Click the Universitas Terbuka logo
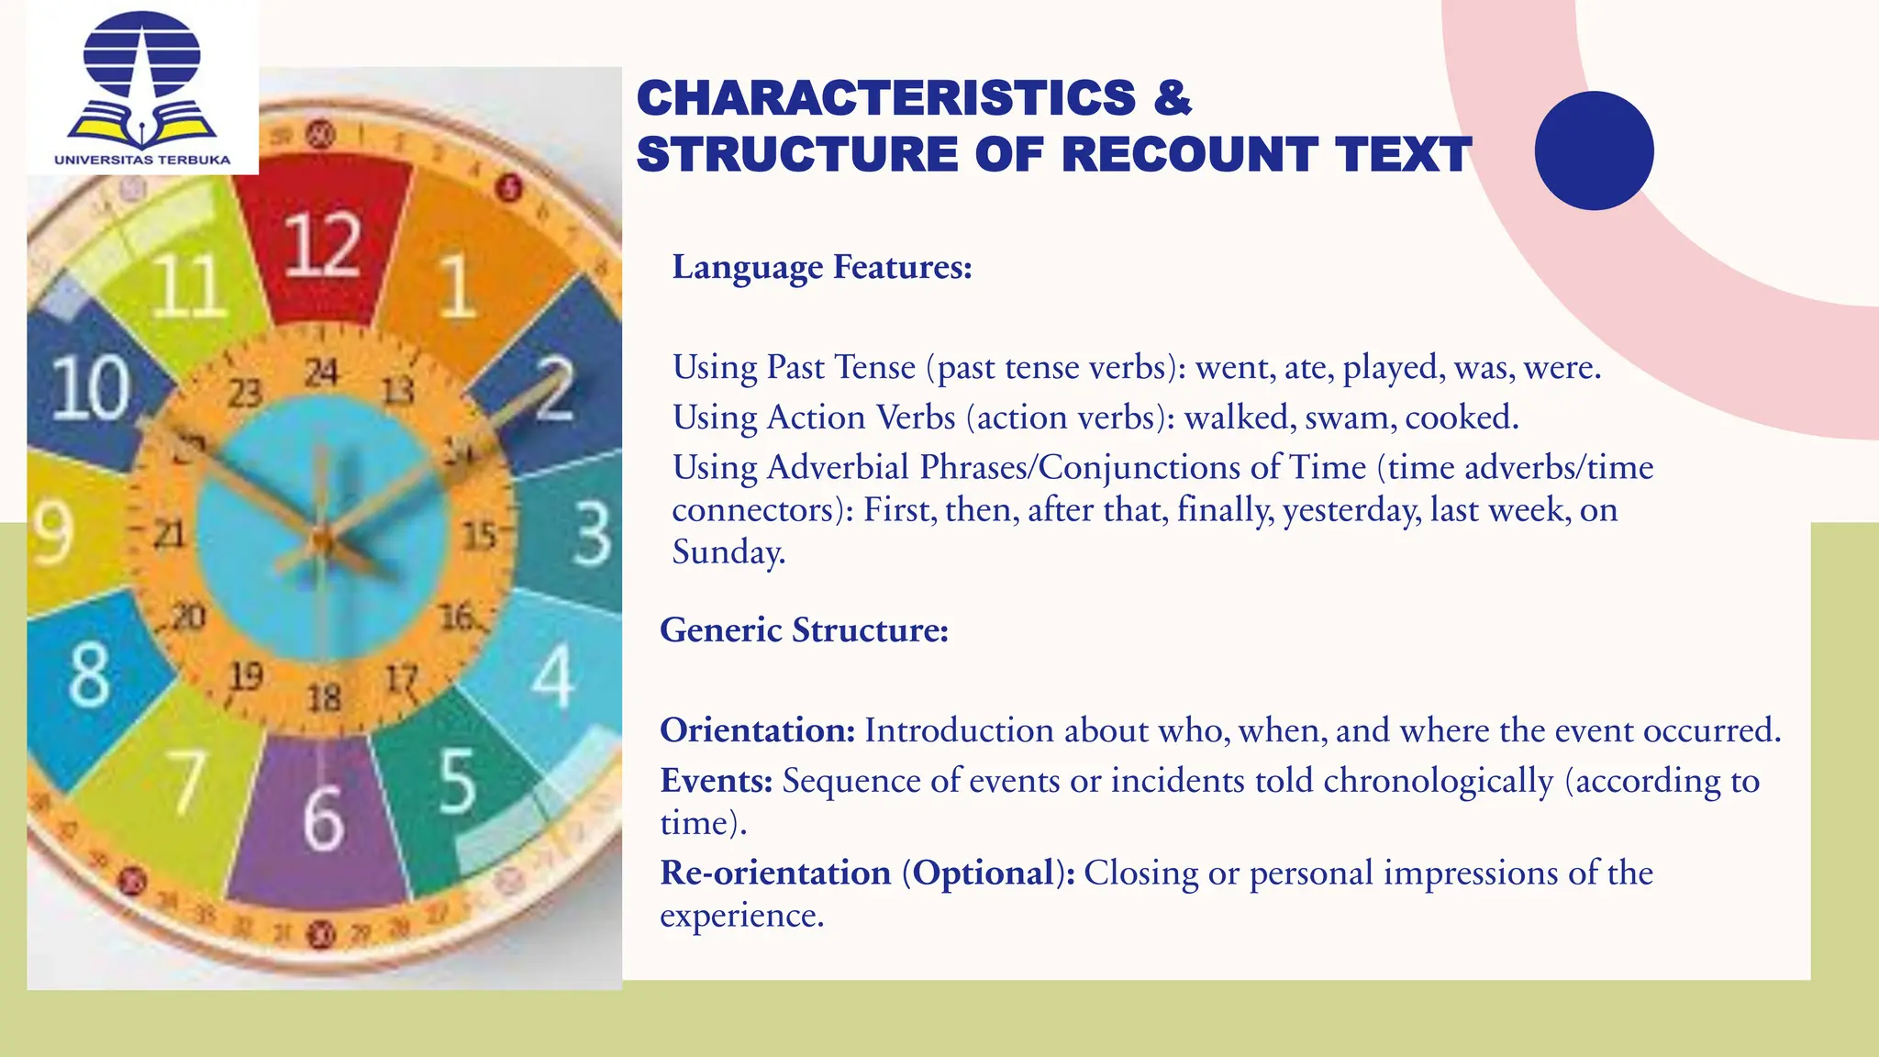(x=142, y=86)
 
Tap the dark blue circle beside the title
(x=1594, y=150)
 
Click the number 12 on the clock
(x=321, y=245)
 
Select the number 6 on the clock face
(x=323, y=818)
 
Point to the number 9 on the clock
(x=51, y=532)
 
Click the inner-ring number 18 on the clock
(x=324, y=698)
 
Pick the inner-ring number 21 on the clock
(x=169, y=534)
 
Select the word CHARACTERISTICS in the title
(x=886, y=98)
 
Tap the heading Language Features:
(x=822, y=267)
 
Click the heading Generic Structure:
(x=804, y=630)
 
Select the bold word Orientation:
(x=757, y=730)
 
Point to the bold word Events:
(x=717, y=781)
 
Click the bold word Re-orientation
(x=775, y=873)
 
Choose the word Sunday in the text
(x=728, y=552)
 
